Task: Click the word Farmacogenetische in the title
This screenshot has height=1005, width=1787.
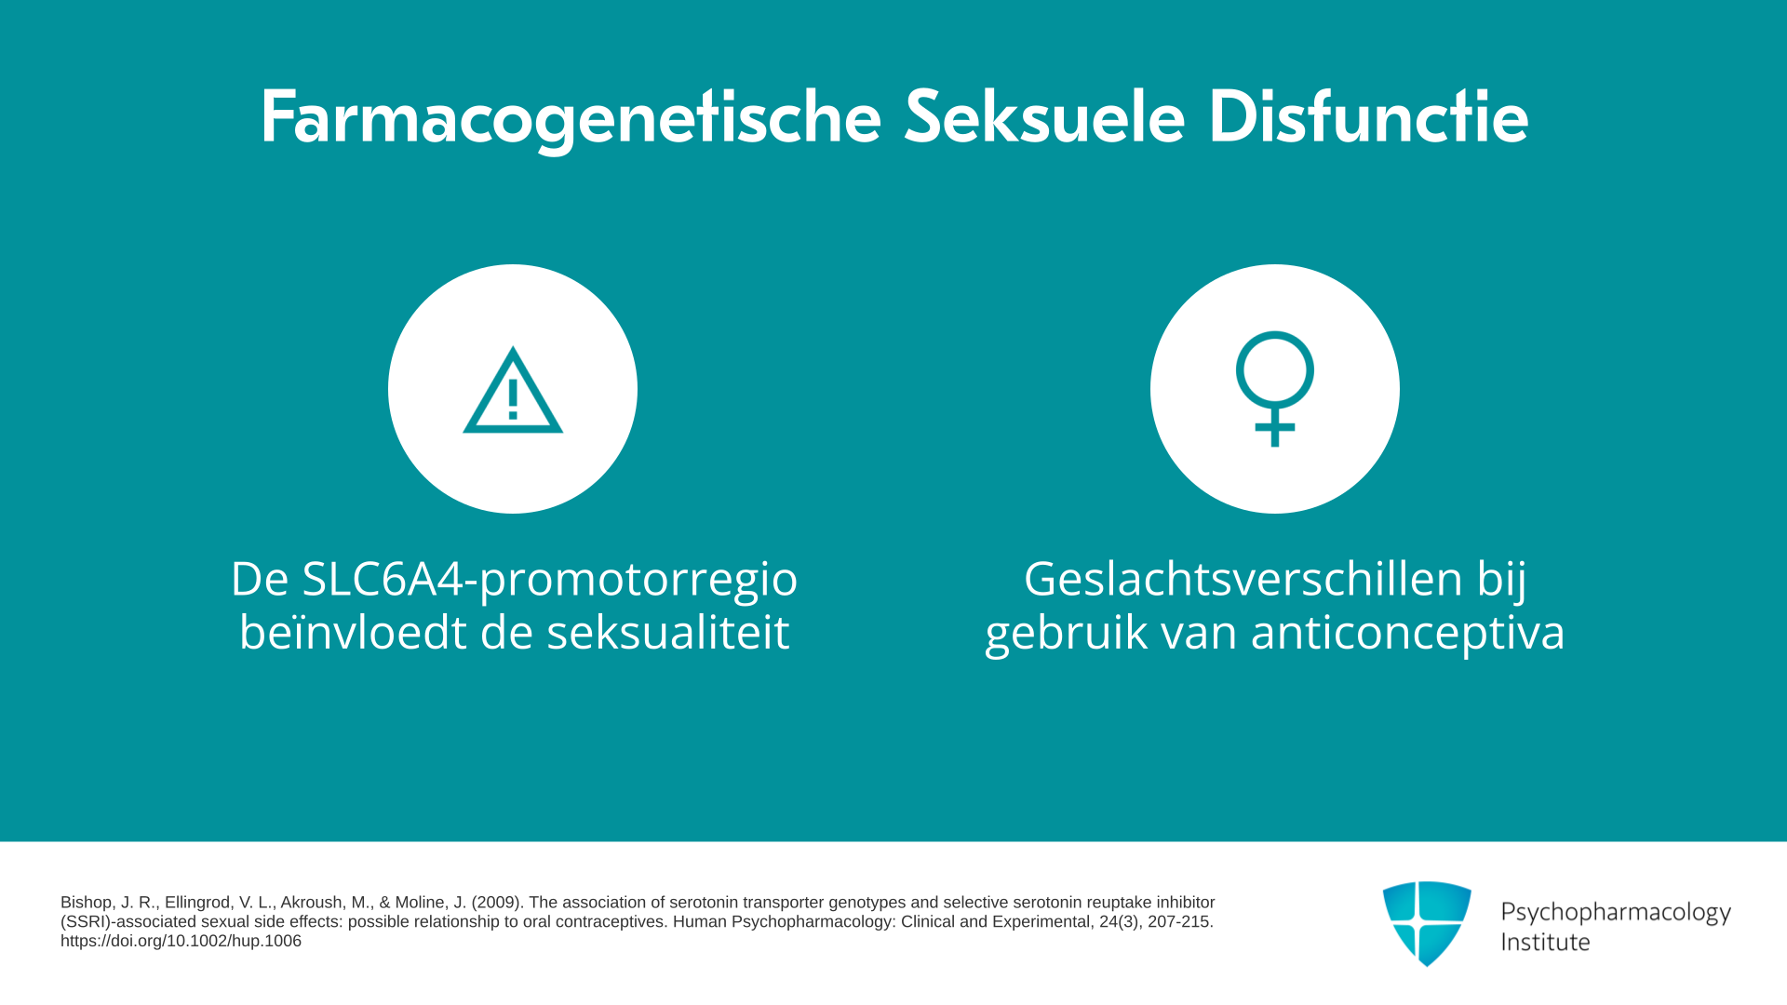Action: [x=571, y=118]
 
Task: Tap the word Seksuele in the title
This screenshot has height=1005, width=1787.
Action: [x=1044, y=117]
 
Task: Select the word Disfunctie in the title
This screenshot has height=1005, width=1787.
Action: [x=1368, y=117]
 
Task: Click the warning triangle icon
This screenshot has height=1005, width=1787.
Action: [x=513, y=390]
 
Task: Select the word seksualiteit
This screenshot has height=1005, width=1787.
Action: [x=667, y=632]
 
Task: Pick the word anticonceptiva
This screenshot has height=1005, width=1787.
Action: [x=1407, y=633]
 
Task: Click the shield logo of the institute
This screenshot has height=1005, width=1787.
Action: [x=1427, y=923]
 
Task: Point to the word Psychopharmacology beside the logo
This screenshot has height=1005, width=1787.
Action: [x=1616, y=913]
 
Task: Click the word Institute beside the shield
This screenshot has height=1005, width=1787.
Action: [x=1545, y=942]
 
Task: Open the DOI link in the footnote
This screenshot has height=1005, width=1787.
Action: [x=181, y=941]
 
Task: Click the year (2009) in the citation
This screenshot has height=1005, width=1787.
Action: [x=498, y=903]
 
